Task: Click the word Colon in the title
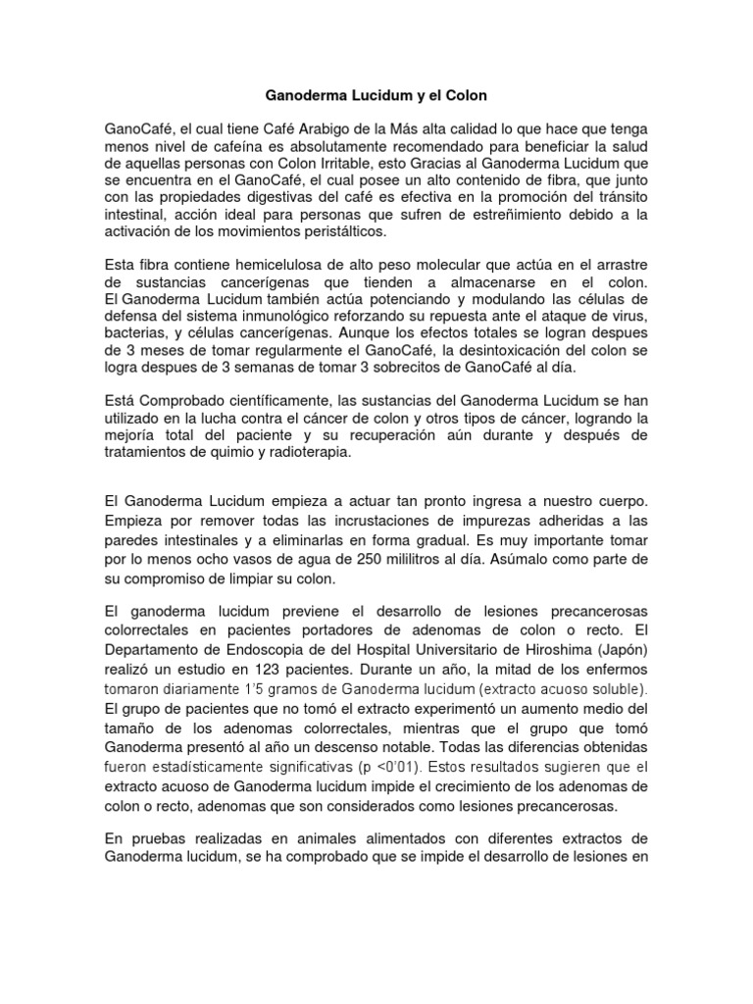click(x=464, y=97)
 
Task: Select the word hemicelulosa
click(x=276, y=268)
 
